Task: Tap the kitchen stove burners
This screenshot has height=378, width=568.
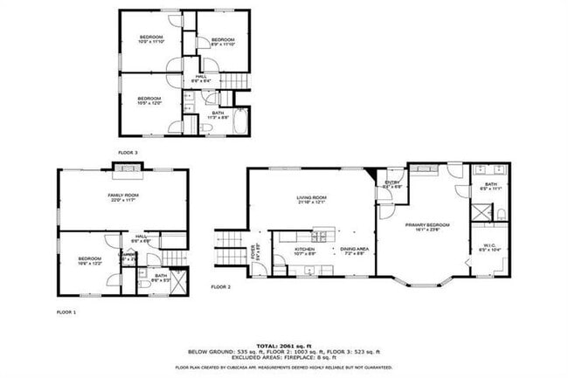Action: pyautogui.click(x=320, y=235)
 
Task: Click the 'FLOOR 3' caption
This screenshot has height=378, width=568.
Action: pyautogui.click(x=128, y=151)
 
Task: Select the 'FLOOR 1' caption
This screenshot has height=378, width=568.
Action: pyautogui.click(x=66, y=312)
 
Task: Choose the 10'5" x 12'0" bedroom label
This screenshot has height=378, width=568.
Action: pyautogui.click(x=149, y=100)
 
